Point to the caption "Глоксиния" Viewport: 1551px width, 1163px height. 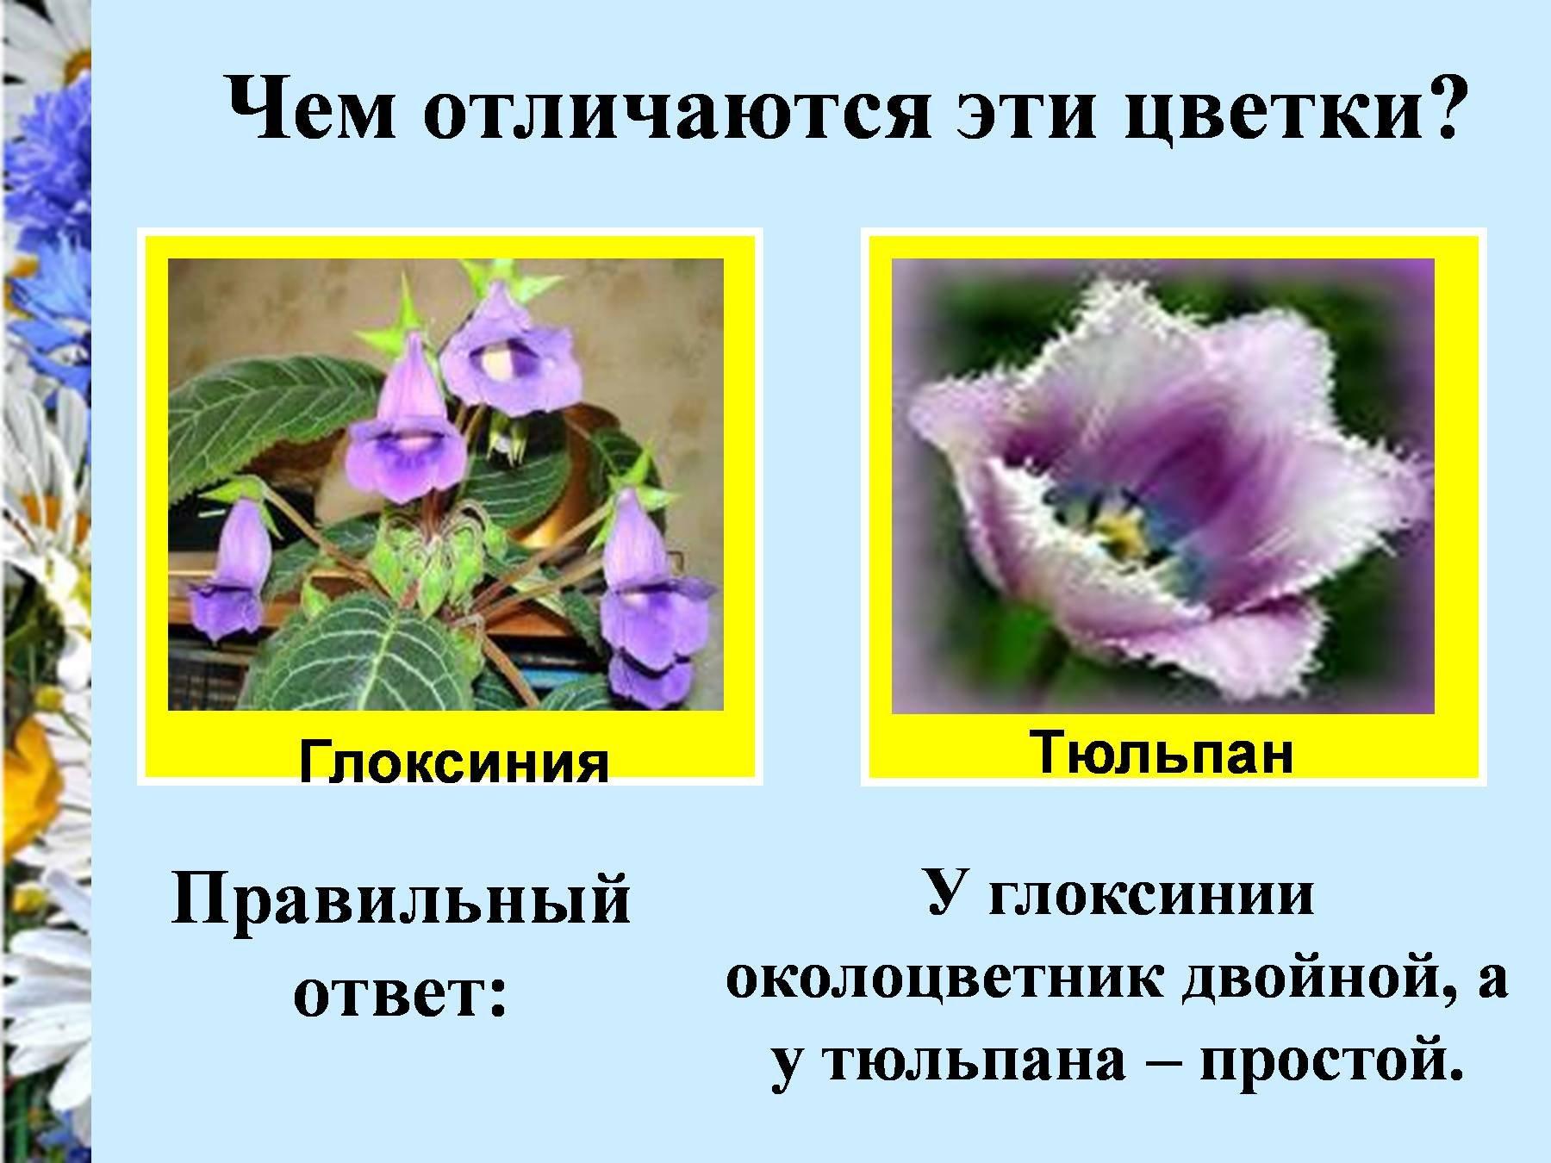[x=454, y=762]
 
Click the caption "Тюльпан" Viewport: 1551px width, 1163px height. [x=1162, y=752]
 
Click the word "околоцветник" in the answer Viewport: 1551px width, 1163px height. [x=947, y=980]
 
